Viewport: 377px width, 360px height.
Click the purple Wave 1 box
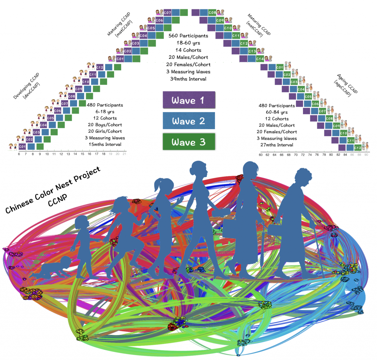[189, 100]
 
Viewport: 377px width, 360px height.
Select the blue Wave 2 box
[189, 121]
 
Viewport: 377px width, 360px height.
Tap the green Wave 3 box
[189, 142]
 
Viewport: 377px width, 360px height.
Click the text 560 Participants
[188, 36]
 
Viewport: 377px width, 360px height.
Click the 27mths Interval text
[276, 145]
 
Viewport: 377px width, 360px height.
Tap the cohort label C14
[260, 59]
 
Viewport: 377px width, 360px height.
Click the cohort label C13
[252, 51]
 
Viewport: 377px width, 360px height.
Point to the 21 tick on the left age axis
[124, 153]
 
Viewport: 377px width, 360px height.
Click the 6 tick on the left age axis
[19, 153]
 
